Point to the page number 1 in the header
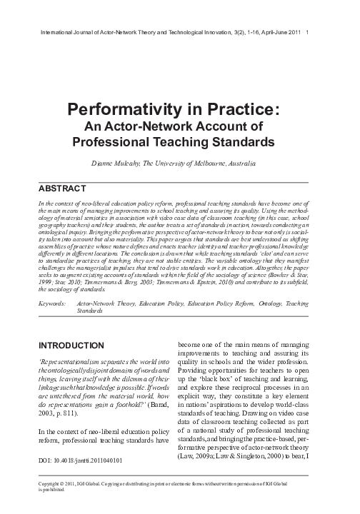tap(306, 32)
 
